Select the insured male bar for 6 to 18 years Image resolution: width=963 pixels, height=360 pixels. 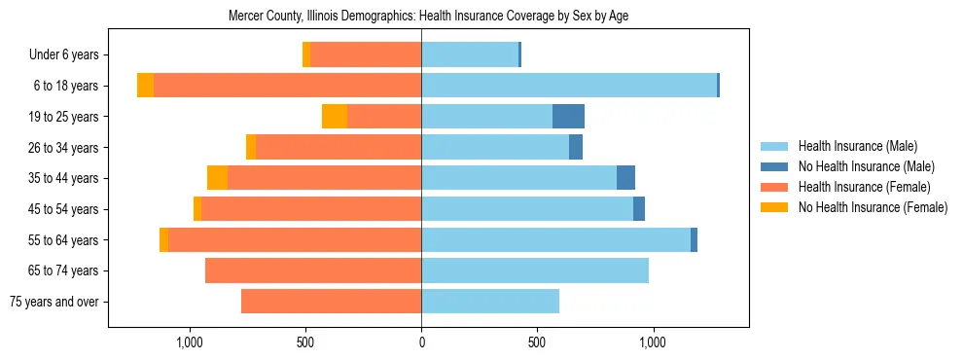(x=569, y=86)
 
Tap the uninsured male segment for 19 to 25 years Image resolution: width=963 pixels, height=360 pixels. (x=568, y=117)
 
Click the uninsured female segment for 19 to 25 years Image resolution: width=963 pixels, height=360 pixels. (x=335, y=117)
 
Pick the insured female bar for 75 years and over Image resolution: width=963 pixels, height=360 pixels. (x=331, y=302)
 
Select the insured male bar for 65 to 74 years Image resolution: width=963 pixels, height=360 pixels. (x=535, y=270)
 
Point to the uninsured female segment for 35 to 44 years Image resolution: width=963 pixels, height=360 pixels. (x=217, y=178)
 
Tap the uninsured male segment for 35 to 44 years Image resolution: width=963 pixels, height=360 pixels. (x=625, y=178)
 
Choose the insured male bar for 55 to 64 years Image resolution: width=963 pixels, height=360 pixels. (x=555, y=240)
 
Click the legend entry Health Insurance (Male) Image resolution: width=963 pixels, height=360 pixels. (x=857, y=147)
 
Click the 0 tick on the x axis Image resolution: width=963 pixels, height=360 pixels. (x=421, y=343)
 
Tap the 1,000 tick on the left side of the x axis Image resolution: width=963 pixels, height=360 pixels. (x=189, y=343)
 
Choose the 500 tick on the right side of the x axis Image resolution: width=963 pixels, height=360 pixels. (x=536, y=343)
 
